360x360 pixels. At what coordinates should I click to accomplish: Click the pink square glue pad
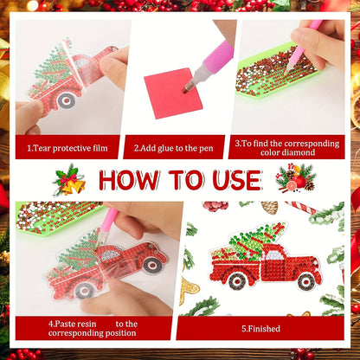[x=173, y=93]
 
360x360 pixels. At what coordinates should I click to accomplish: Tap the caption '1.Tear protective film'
[x=67, y=148]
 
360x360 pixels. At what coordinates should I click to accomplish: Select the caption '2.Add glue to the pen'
[x=173, y=148]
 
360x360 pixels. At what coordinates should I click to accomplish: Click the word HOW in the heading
[x=129, y=180]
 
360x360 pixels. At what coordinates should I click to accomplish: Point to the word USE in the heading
[x=237, y=180]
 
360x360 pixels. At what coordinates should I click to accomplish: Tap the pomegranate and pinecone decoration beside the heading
[x=296, y=178]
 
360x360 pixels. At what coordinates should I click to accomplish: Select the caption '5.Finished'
[x=260, y=329]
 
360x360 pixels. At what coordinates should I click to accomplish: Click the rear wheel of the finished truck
[x=238, y=280]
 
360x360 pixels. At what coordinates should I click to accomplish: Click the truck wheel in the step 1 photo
[x=67, y=100]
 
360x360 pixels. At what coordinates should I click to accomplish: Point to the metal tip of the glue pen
[x=188, y=87]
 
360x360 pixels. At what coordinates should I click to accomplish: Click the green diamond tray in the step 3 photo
[x=278, y=72]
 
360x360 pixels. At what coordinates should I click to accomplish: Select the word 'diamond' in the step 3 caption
[x=299, y=152]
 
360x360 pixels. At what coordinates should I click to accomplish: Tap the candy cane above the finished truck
[x=301, y=207]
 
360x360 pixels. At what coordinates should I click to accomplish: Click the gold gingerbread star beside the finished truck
[x=189, y=289]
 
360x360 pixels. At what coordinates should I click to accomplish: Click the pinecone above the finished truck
[x=269, y=208]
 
